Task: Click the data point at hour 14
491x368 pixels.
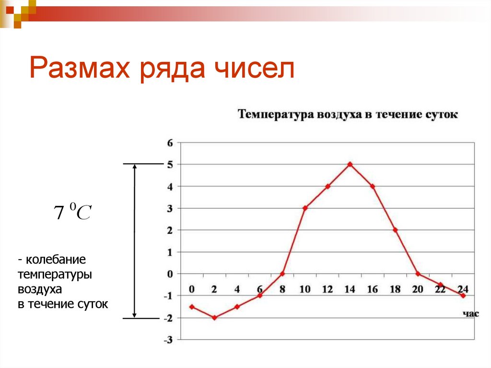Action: [x=350, y=164]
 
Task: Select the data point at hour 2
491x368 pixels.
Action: [x=214, y=318]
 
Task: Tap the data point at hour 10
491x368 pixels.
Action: [x=304, y=208]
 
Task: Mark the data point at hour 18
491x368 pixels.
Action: [x=395, y=230]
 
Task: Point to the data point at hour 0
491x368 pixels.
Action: [x=192, y=307]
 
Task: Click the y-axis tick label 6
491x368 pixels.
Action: [x=169, y=142]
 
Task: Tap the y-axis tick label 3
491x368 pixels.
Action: [x=169, y=208]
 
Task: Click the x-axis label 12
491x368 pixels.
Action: [x=327, y=289]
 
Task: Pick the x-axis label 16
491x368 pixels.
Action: [x=373, y=289]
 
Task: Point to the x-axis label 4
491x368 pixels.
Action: [x=237, y=289]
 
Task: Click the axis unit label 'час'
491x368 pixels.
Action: [x=470, y=314]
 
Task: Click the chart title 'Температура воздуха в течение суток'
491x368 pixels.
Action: [x=348, y=115]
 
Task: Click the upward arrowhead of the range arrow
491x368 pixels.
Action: [x=135, y=167]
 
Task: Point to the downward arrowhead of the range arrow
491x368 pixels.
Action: [x=135, y=315]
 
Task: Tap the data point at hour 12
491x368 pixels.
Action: [x=327, y=186]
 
